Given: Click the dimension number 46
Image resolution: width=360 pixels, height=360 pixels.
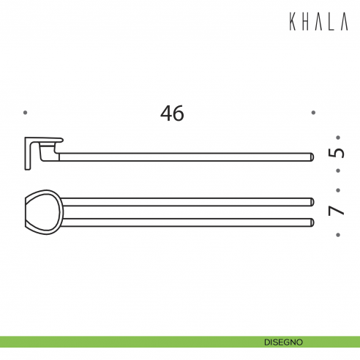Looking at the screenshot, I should (x=172, y=113).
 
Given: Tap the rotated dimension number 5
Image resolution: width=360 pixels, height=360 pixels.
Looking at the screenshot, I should (x=337, y=154).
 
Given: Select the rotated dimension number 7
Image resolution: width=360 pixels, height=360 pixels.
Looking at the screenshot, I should (x=337, y=210).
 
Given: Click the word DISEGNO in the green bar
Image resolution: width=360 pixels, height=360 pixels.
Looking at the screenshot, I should (x=284, y=342).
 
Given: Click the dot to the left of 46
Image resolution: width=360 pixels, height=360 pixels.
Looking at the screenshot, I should (x=26, y=113).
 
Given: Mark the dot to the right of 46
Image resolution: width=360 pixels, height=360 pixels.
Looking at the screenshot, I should (x=313, y=113).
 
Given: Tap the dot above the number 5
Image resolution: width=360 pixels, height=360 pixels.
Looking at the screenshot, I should (x=337, y=137).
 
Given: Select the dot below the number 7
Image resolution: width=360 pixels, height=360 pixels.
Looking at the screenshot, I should (x=337, y=235).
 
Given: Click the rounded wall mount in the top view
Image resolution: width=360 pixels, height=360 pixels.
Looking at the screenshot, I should (x=40, y=211).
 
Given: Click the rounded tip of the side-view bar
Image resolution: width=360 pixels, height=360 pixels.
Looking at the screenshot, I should (x=311, y=155).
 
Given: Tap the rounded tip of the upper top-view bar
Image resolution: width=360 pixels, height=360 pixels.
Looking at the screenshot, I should (x=311, y=201).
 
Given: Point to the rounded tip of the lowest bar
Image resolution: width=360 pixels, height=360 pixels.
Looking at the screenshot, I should (x=311, y=221).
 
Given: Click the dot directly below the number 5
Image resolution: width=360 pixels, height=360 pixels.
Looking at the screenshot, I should (x=337, y=171).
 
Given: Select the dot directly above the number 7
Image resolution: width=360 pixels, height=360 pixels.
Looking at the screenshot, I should (x=337, y=189).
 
